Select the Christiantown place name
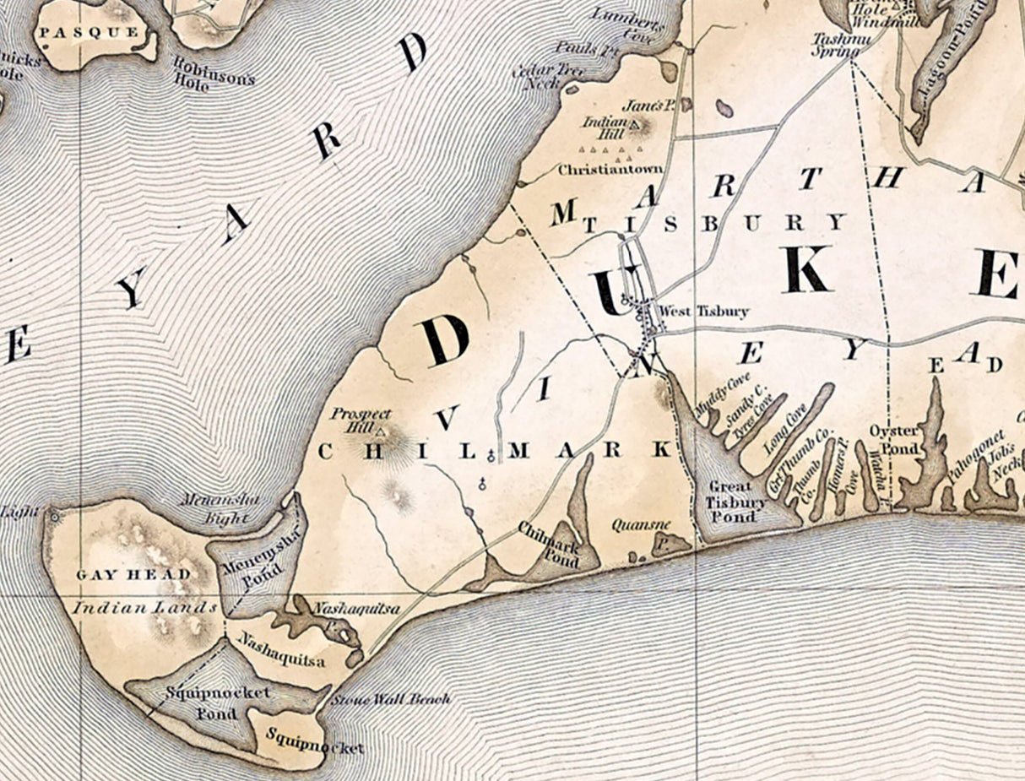click(610, 170)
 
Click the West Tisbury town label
click(703, 312)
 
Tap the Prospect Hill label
click(361, 420)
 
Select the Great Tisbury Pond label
click(731, 502)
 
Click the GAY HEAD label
click(131, 574)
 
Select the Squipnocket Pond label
click(218, 700)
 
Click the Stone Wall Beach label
click(389, 699)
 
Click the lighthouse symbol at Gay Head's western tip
click(56, 514)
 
